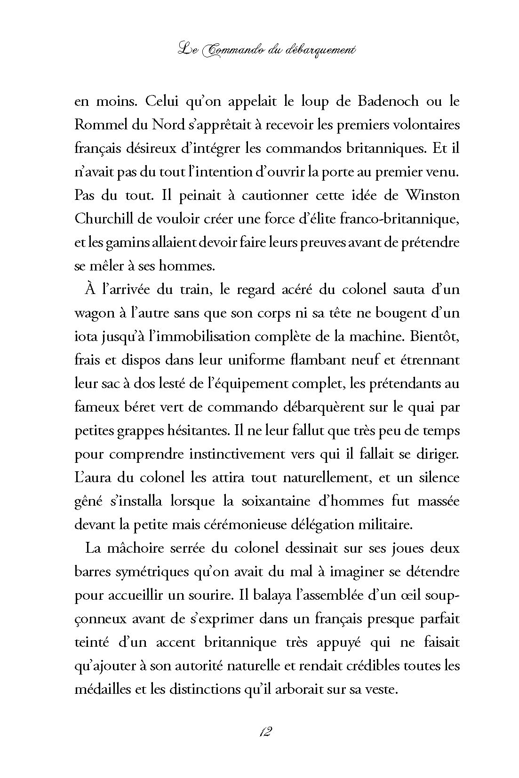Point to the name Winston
(x=432, y=195)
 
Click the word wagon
(x=92, y=313)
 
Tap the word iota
(x=85, y=336)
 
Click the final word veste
(x=383, y=690)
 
